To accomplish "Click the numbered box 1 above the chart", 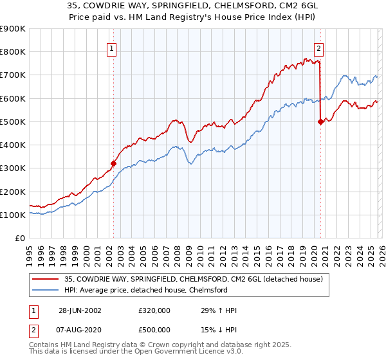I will pos(112,48).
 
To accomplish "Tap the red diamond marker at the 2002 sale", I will pos(114,163).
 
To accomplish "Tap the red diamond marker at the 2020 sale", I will pos(320,122).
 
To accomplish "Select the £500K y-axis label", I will pos(13,122).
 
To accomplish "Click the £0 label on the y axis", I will pos(19,238).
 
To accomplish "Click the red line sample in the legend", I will pos(46,278).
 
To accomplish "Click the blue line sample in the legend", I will pos(46,290).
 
